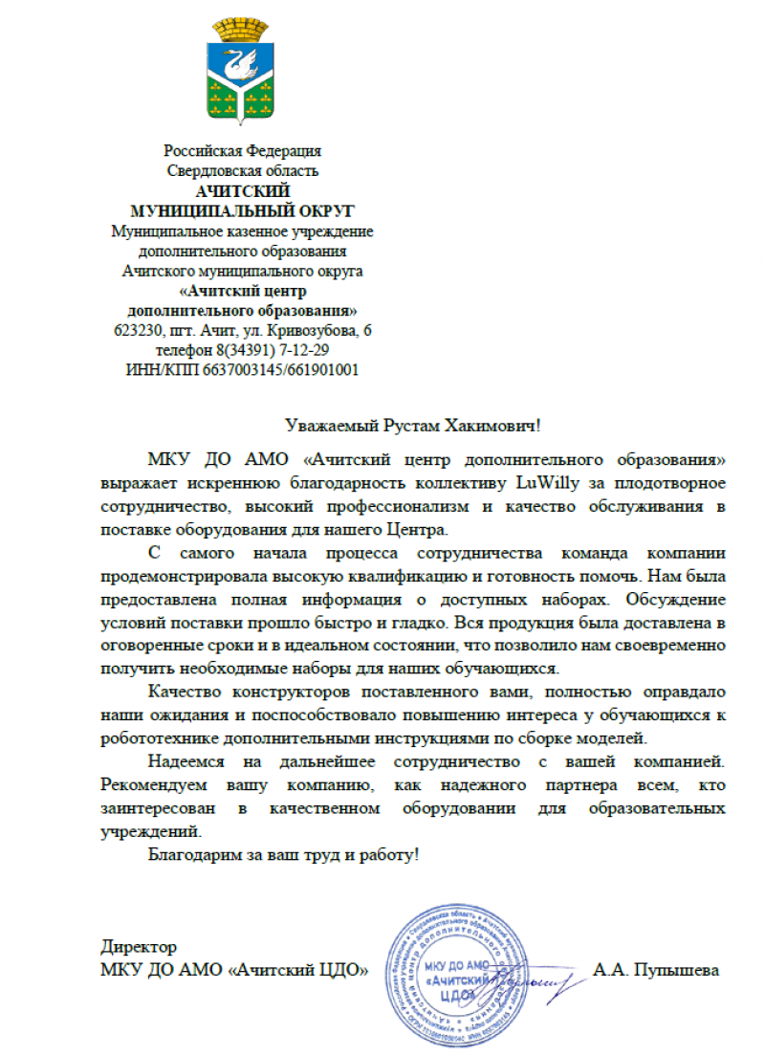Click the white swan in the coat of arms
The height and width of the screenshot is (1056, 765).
click(x=241, y=67)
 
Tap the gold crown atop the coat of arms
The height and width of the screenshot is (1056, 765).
click(x=242, y=30)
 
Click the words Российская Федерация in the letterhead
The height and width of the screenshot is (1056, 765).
click(x=242, y=151)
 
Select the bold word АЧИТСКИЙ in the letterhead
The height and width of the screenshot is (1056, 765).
click(x=242, y=191)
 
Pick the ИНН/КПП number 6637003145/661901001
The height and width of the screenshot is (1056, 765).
click(x=280, y=370)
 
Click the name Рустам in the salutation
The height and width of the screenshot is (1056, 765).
click(x=414, y=424)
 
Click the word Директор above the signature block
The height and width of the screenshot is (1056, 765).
click(x=138, y=947)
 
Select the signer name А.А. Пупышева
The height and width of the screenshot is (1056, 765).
click(x=656, y=971)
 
